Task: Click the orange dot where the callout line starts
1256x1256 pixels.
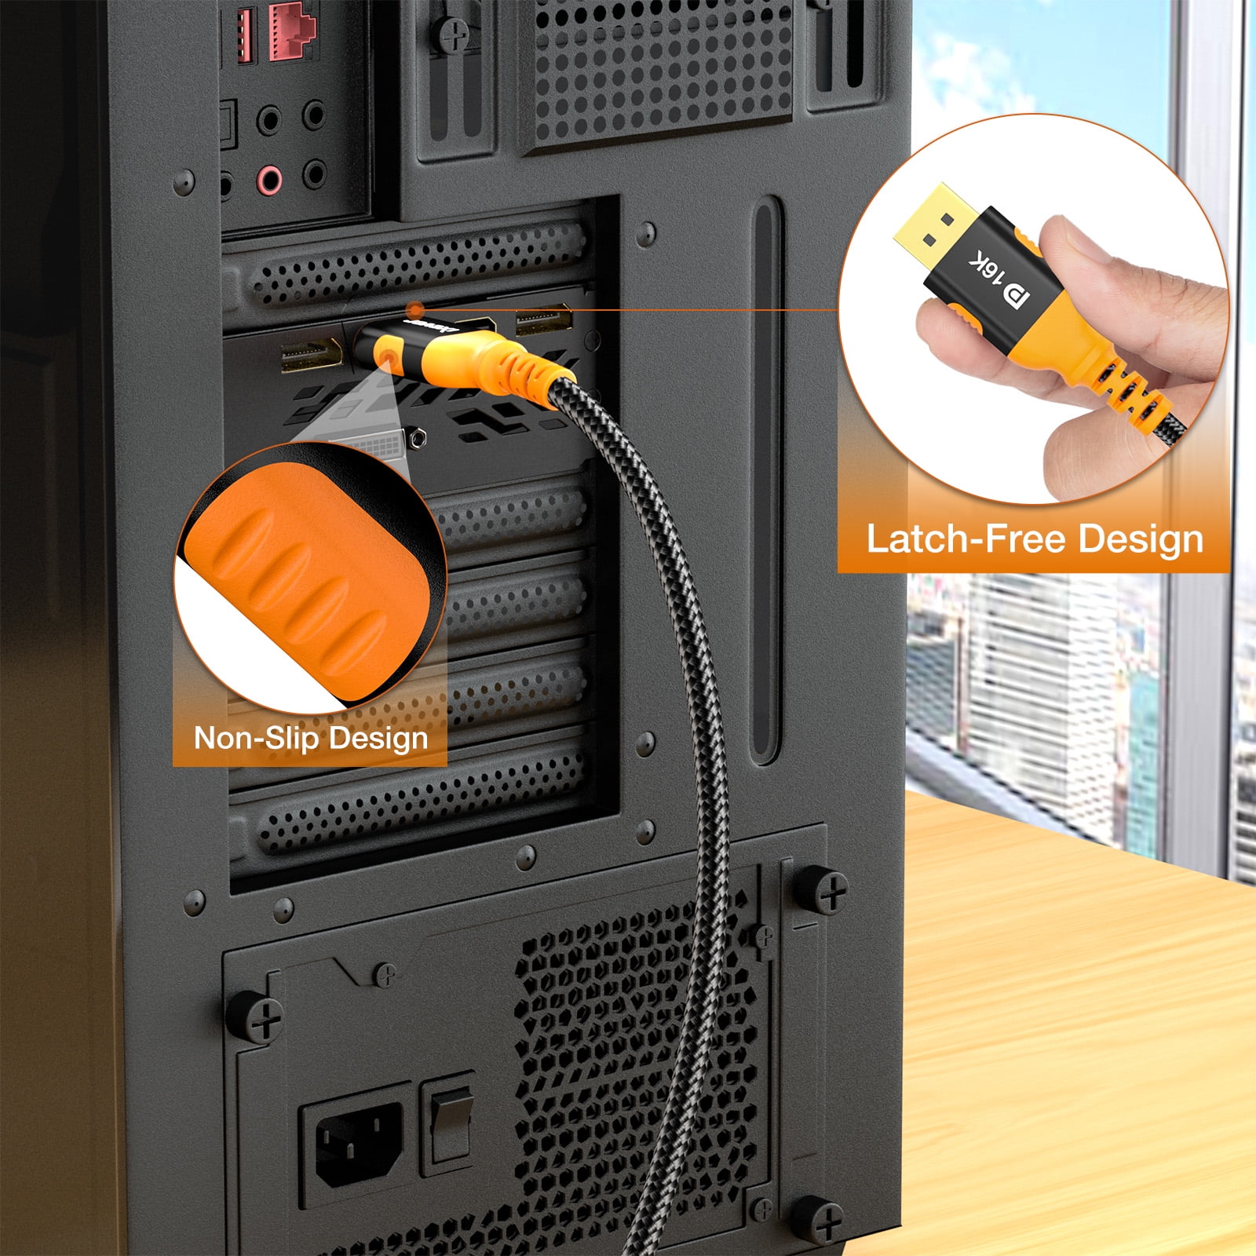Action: pos(416,309)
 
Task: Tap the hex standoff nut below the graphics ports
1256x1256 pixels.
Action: pos(418,436)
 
